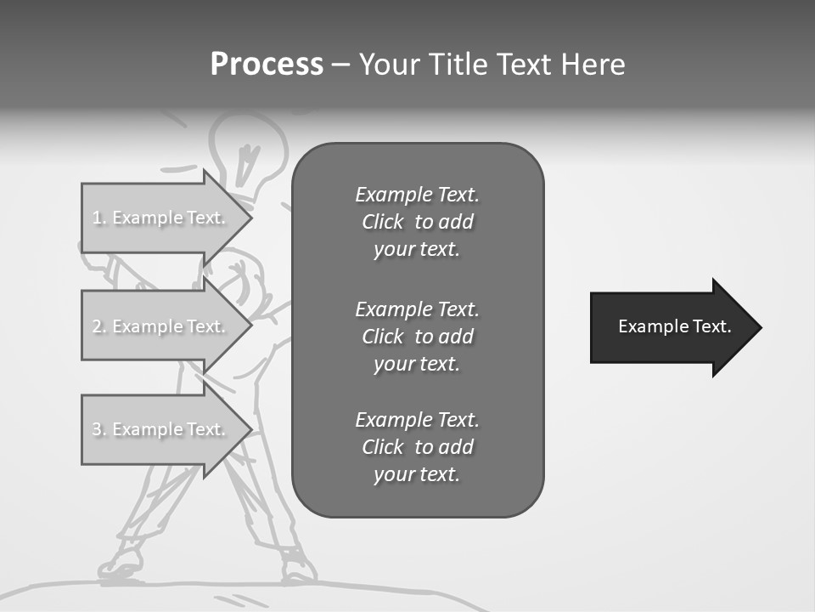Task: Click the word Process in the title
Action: point(267,65)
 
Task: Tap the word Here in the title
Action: point(592,65)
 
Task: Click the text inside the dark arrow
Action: point(675,326)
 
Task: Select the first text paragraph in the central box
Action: point(417,222)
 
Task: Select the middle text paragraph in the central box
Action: point(417,337)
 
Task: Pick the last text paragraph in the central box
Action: point(417,447)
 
